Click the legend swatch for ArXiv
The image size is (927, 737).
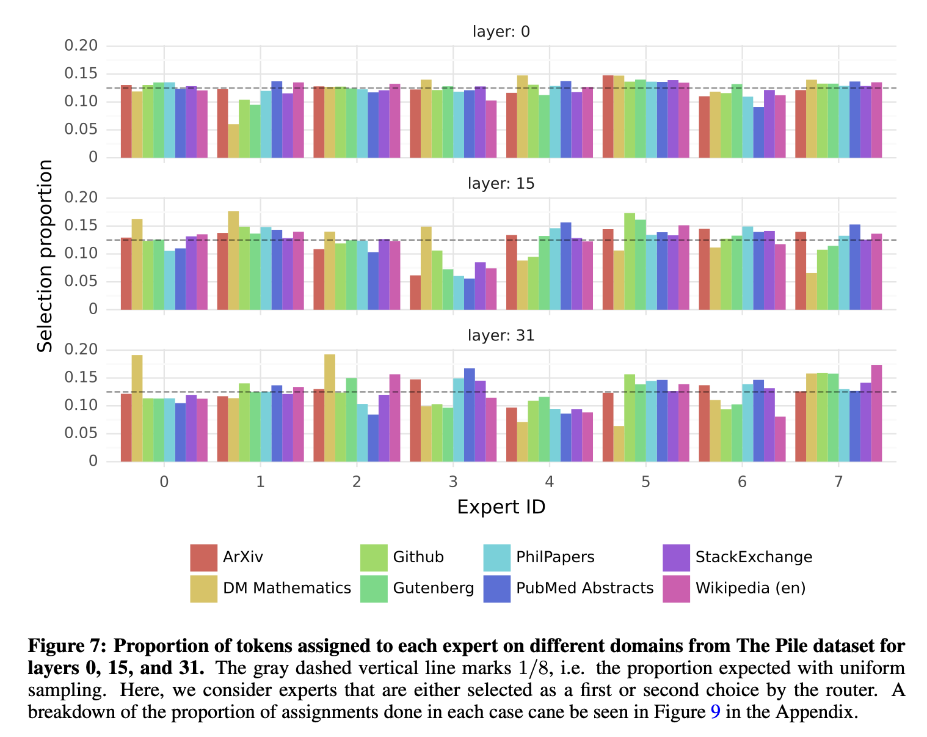(x=203, y=557)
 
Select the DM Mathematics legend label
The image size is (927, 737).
(x=287, y=588)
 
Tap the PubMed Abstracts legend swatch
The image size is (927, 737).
(x=496, y=588)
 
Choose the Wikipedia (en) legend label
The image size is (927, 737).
(x=751, y=588)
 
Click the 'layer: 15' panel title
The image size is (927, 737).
(x=501, y=183)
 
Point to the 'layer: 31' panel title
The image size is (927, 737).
(x=501, y=335)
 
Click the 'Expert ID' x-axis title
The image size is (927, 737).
(x=501, y=507)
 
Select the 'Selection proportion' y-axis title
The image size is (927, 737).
(x=45, y=255)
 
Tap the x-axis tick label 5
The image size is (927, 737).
(x=645, y=482)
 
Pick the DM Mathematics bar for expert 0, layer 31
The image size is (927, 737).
(x=137, y=408)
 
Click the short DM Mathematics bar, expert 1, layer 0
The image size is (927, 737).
(x=233, y=141)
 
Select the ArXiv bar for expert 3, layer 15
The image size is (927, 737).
(x=415, y=293)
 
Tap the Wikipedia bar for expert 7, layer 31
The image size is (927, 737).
(x=876, y=413)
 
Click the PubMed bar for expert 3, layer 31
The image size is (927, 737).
(x=470, y=415)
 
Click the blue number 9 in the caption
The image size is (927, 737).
(x=716, y=713)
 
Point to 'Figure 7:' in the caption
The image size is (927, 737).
(x=67, y=646)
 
